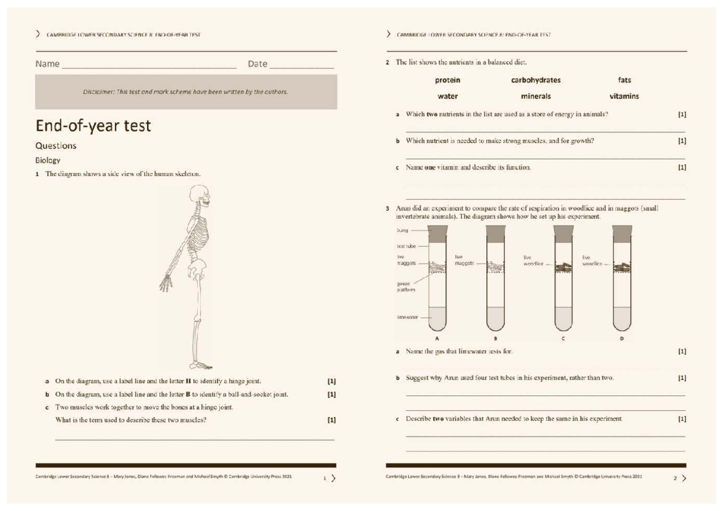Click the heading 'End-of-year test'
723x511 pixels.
pyautogui.click(x=93, y=126)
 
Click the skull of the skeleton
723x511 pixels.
pyautogui.click(x=200, y=196)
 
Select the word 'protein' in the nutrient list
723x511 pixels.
pyautogui.click(x=448, y=80)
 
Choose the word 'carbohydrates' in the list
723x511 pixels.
pyautogui.click(x=536, y=80)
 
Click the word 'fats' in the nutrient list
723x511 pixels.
pyautogui.click(x=624, y=80)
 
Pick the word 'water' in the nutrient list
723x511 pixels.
pyautogui.click(x=448, y=96)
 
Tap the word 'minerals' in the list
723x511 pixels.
pyautogui.click(x=536, y=96)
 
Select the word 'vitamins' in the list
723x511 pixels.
pyautogui.click(x=624, y=96)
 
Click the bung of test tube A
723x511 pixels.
pyautogui.click(x=437, y=234)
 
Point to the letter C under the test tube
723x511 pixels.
pyautogui.click(x=563, y=339)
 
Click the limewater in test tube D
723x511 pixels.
pyautogui.click(x=622, y=319)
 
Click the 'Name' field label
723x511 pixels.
pyautogui.click(x=47, y=64)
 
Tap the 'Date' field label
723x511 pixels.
pyautogui.click(x=257, y=64)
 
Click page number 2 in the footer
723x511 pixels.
pyautogui.click(x=675, y=478)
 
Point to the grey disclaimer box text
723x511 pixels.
pyautogui.click(x=186, y=92)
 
